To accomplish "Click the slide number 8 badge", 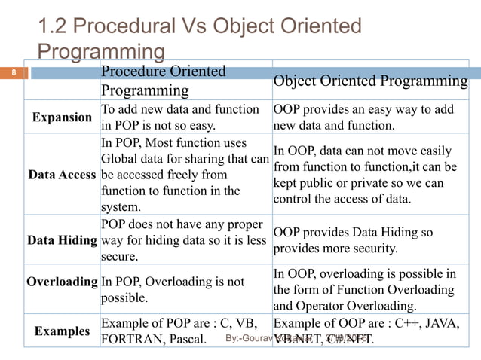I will click(12, 73).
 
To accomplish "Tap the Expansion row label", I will click(63, 117).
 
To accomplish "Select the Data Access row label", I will click(62, 175).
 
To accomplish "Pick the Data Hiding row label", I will click(62, 240).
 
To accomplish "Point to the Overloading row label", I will click(62, 282).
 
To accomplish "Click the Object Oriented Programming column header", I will click(370, 81).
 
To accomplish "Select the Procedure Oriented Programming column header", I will click(163, 81).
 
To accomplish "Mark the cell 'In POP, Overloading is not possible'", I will click(172, 290).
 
